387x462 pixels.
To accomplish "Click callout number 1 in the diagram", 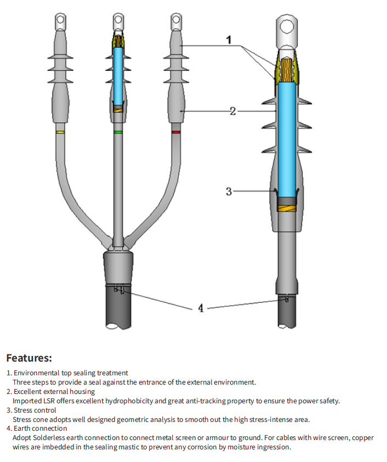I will [229, 40].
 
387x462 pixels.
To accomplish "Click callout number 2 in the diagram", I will [233, 111].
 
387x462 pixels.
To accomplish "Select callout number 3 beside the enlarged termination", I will [229, 191].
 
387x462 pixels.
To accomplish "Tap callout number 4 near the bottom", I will [201, 308].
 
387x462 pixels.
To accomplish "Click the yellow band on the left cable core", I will [60, 132].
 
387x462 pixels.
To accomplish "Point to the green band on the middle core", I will [117, 132].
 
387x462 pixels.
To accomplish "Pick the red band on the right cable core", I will [175, 132].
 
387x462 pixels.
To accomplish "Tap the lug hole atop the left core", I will [60, 21].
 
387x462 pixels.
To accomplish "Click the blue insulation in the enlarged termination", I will [287, 137].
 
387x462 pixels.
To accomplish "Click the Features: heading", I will [29, 358].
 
